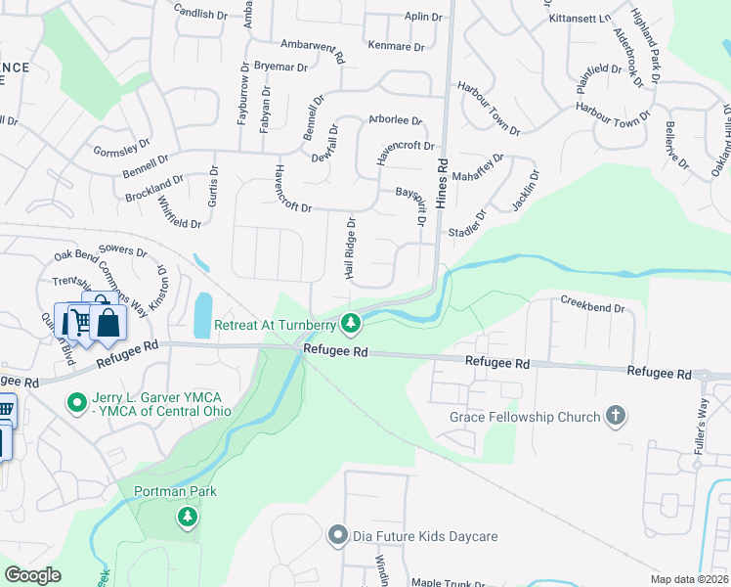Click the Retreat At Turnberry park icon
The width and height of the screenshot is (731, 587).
pos(352,323)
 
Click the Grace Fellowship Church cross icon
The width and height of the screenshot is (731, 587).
pos(615,417)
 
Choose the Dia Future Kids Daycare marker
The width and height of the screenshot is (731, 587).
pos(338,535)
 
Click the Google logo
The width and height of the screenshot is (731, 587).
pos(32,575)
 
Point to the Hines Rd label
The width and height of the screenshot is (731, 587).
pos(442,172)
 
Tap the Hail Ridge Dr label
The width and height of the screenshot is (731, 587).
pos(350,248)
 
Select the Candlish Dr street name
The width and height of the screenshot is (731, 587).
pos(199,13)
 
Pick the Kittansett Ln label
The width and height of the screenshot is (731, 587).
pos(580,19)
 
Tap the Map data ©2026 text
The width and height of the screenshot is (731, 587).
pos(690,579)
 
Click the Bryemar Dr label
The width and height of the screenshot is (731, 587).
pos(280,67)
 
